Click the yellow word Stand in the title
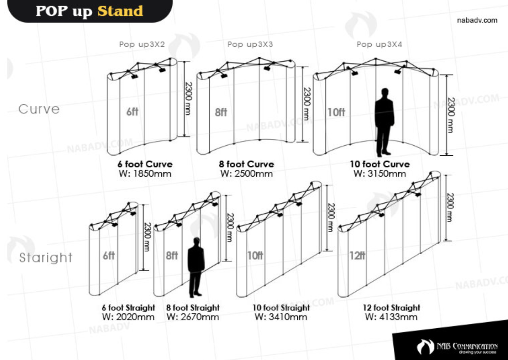(120, 11)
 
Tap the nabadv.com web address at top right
(477, 20)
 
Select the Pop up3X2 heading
(142, 44)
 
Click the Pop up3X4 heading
(380, 44)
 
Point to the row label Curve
(39, 109)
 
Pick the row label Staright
(46, 258)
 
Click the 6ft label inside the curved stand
(132, 112)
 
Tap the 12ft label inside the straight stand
(357, 256)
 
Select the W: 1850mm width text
(145, 174)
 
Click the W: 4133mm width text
(391, 317)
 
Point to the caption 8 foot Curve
(247, 164)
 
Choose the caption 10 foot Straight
(281, 308)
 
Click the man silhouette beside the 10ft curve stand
(384, 122)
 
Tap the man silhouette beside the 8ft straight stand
(196, 267)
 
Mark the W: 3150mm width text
(380, 174)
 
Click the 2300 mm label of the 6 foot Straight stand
(147, 237)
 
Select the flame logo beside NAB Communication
(425, 347)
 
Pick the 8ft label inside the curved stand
(221, 112)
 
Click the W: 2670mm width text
(193, 317)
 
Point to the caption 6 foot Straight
(128, 308)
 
